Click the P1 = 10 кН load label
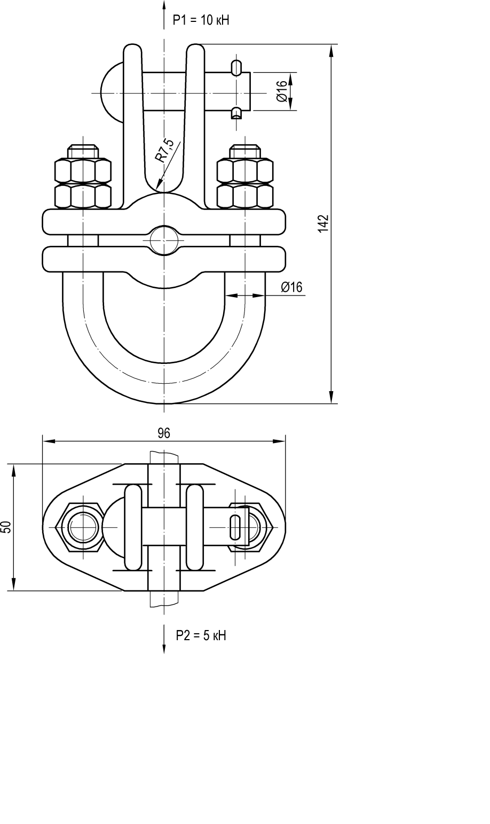click(x=201, y=21)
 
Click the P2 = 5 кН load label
click(x=201, y=635)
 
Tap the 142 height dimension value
click(x=322, y=224)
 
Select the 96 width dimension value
click(x=164, y=433)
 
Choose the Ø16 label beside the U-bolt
click(x=291, y=287)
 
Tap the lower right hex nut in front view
click(x=245, y=196)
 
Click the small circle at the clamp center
click(x=163, y=240)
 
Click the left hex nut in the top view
click(x=83, y=527)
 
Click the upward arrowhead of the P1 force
click(x=164, y=5)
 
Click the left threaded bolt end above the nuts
click(x=83, y=151)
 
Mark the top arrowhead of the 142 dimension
click(x=331, y=50)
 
